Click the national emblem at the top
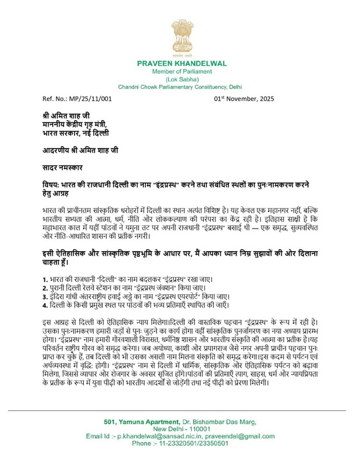[x=179, y=31]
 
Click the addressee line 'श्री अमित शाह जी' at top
[x=62, y=115]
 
